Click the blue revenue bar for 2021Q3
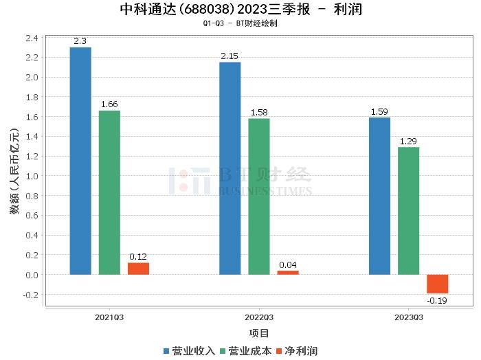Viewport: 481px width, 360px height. click(80, 161)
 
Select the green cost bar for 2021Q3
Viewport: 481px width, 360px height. click(109, 192)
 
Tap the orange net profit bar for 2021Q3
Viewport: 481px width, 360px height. click(138, 269)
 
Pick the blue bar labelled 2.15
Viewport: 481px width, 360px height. click(230, 168)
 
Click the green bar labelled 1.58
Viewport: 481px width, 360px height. click(259, 196)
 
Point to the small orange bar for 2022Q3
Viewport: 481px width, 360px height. click(288, 273)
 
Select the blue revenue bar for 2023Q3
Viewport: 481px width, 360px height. click(379, 196)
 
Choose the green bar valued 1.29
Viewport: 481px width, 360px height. click(408, 211)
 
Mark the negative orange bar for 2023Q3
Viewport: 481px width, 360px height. click(437, 284)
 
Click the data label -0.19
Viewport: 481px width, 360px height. click(437, 300)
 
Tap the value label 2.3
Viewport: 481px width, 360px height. click(80, 41)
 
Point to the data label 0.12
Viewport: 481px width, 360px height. click(138, 257)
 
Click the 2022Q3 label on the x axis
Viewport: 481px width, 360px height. click(259, 317)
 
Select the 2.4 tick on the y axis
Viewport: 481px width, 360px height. click(32, 37)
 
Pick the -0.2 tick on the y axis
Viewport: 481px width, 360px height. click(31, 295)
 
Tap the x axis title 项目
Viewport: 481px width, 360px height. click(259, 334)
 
